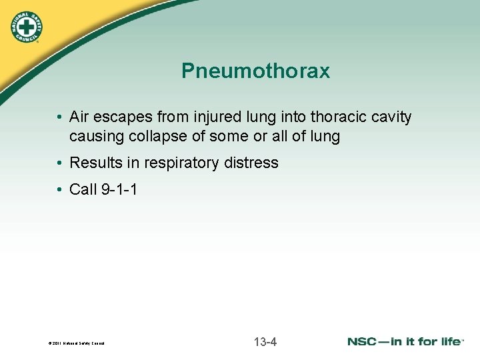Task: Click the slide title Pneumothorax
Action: pyautogui.click(x=255, y=71)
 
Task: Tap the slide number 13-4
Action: pyautogui.click(x=265, y=343)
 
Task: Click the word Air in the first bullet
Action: pyautogui.click(x=79, y=117)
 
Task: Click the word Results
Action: pyautogui.click(x=95, y=163)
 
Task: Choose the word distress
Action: pyautogui.click(x=253, y=163)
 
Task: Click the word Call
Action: pyautogui.click(x=83, y=189)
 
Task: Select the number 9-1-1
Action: pyautogui.click(x=119, y=189)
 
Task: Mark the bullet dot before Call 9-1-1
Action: pyautogui.click(x=60, y=189)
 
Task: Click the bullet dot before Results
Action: pyautogui.click(x=60, y=163)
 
